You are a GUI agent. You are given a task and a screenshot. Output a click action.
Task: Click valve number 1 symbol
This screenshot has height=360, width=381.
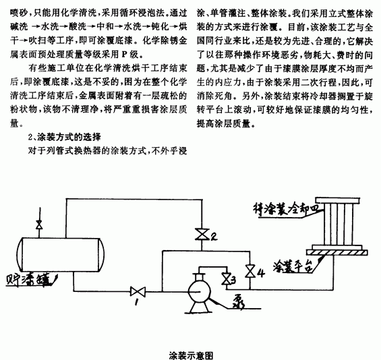point(138,291)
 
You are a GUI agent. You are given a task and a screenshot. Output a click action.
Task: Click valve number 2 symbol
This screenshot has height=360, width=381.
point(202,235)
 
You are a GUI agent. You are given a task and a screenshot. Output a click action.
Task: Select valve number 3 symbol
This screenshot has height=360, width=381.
point(227,278)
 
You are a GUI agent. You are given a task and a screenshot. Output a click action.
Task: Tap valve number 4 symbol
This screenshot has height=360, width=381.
point(250,271)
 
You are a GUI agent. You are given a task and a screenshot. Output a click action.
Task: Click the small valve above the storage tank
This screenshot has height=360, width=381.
point(39,225)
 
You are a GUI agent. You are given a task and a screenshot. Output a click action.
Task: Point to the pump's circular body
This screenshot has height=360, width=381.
point(199,292)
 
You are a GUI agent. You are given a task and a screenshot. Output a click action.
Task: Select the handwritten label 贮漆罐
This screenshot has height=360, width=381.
point(29,280)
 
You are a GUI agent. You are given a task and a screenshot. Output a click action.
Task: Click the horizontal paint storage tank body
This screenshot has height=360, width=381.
point(61,255)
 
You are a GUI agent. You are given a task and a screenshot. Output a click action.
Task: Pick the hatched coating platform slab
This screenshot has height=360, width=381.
point(337,252)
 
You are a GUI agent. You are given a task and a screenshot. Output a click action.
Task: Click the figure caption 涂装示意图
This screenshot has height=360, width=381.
point(191,355)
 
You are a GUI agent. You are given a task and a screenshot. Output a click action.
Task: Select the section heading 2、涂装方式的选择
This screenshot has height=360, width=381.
point(64,138)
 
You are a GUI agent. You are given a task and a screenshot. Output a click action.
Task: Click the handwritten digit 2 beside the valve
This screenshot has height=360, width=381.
point(214,236)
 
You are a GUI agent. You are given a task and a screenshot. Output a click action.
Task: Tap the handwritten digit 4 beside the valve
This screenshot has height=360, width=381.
point(260,272)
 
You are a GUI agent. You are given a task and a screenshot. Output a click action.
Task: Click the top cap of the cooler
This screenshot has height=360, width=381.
point(338,201)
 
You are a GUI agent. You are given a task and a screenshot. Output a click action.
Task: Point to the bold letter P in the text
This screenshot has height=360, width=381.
point(124,55)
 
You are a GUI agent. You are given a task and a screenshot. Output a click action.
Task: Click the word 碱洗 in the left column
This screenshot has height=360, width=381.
point(19,27)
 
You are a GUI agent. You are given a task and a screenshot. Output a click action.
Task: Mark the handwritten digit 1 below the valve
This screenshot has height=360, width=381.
point(136,302)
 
